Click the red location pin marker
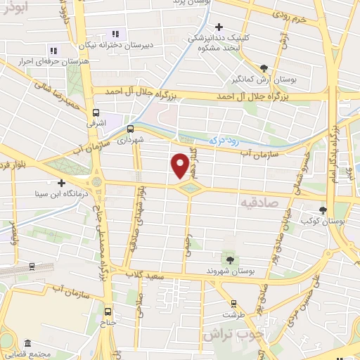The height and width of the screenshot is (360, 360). click(180, 166)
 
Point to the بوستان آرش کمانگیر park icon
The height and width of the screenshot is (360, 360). click(264, 68)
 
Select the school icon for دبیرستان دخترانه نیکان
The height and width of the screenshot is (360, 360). click(115, 34)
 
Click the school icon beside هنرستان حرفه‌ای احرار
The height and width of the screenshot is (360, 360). click(53, 50)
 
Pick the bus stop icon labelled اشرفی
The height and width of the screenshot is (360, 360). click(96, 112)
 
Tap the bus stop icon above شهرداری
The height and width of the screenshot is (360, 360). click(130, 128)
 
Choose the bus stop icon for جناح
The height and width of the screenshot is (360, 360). click(108, 311)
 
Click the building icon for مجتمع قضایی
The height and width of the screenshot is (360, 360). click(27, 344)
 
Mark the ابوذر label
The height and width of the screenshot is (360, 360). click(15, 6)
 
